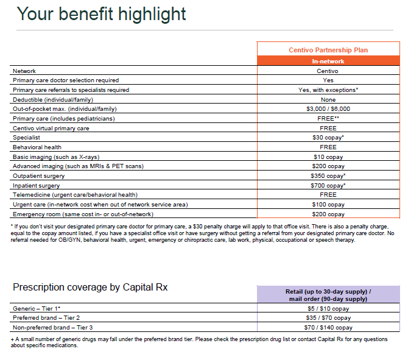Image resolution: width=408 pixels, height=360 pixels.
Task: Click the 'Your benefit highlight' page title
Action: (x=101, y=14)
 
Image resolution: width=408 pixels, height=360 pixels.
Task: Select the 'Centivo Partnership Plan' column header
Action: (x=328, y=50)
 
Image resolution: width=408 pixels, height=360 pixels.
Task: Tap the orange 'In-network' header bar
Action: (x=328, y=61)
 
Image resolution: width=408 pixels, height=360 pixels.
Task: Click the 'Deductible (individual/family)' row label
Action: (x=53, y=100)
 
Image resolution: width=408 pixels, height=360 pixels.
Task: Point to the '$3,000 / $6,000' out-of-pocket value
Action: (x=328, y=109)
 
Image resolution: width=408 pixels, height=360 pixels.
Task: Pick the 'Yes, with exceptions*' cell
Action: (x=328, y=90)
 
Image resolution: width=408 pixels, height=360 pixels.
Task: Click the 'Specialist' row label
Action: (x=26, y=138)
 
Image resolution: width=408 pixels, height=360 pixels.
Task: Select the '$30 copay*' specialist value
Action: (x=328, y=138)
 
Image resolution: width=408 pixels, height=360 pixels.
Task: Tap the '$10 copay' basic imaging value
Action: (x=328, y=157)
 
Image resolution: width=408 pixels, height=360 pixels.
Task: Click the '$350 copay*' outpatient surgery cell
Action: (x=328, y=176)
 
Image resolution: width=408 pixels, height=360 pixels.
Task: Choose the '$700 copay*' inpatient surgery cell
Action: (x=328, y=186)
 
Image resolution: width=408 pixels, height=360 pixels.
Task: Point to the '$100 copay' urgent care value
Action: (x=328, y=205)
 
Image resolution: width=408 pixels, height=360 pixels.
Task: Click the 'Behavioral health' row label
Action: (x=37, y=147)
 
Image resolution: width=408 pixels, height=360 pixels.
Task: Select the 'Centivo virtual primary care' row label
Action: (x=51, y=129)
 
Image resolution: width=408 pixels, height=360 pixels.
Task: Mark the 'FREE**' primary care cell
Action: (x=328, y=118)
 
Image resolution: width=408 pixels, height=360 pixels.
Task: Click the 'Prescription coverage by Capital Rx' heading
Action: (x=90, y=288)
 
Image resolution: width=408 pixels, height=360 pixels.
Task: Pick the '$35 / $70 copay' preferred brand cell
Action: (x=328, y=318)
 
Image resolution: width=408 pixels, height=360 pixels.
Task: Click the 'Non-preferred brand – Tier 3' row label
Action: (x=52, y=328)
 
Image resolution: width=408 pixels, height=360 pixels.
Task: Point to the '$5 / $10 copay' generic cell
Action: (x=328, y=309)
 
